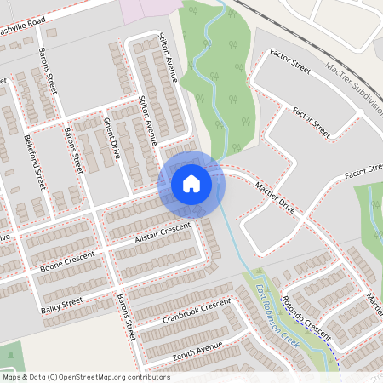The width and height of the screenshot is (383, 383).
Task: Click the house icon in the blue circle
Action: (191, 183)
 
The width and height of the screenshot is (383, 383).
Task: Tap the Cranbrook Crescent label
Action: (197, 312)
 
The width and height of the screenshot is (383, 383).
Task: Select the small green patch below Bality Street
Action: (10, 356)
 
